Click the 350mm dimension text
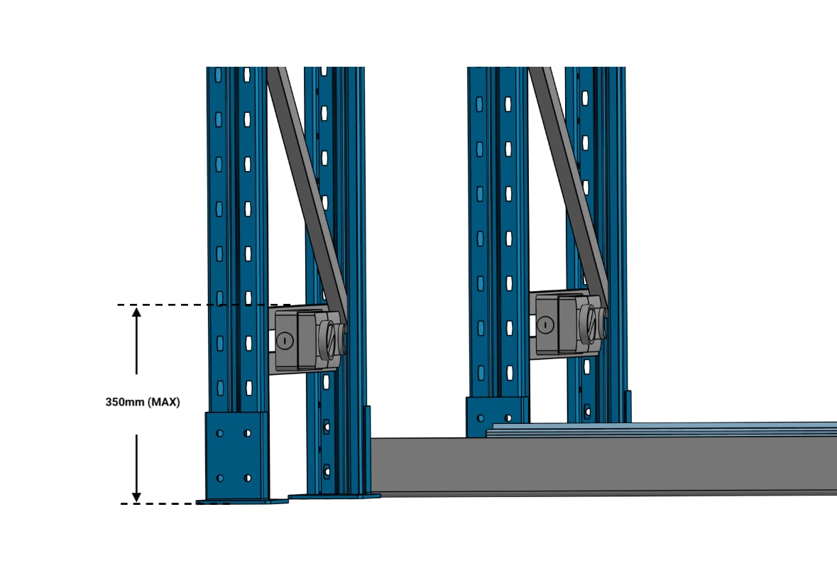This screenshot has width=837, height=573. [124, 402]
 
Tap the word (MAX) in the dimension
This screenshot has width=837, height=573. [163, 402]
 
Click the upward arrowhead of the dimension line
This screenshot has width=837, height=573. [136, 312]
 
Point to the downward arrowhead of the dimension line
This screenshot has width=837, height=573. [136, 496]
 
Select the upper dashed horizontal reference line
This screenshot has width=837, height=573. [204, 305]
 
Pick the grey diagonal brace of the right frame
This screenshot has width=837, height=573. [569, 182]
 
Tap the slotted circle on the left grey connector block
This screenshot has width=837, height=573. [285, 340]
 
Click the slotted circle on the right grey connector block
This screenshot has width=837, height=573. [545, 324]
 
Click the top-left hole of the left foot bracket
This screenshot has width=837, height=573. [219, 433]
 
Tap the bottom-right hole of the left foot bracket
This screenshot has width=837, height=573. [247, 478]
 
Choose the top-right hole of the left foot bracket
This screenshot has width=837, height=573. [247, 433]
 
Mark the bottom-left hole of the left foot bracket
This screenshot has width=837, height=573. [219, 478]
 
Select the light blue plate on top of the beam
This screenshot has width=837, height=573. [662, 430]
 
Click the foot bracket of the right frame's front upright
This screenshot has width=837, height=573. [498, 417]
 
